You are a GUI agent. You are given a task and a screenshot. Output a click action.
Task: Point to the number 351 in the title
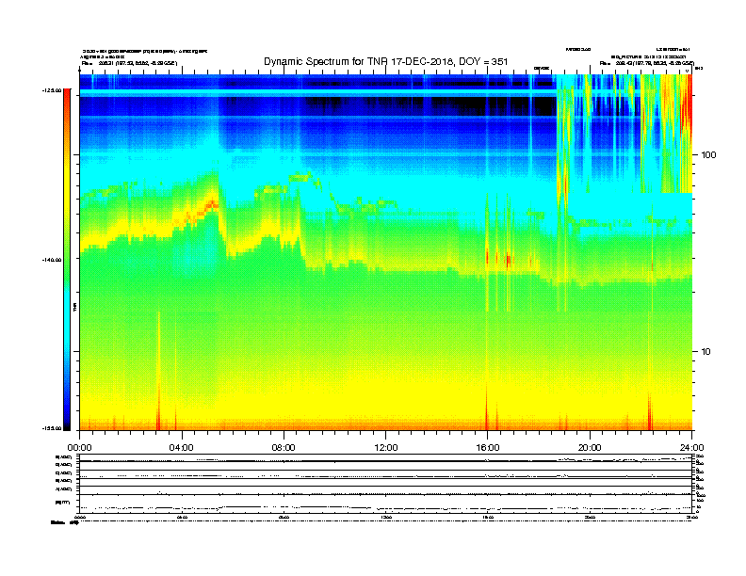[498, 61]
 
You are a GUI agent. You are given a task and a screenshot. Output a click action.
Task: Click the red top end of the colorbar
[67, 95]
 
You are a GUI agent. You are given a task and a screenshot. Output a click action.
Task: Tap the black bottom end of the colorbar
[67, 426]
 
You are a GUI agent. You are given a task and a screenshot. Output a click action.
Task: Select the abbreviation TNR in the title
[388, 61]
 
